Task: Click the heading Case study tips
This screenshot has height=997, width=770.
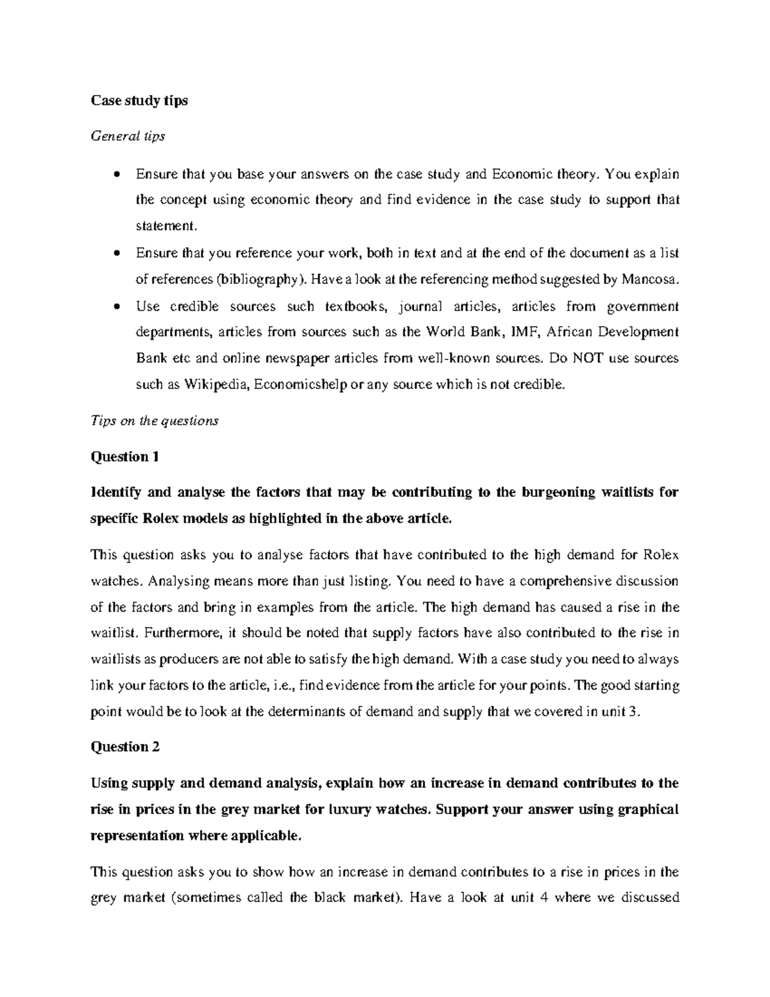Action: pos(139,101)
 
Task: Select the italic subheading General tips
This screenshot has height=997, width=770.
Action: pos(128,136)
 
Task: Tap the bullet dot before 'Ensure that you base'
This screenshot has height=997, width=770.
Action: pos(116,175)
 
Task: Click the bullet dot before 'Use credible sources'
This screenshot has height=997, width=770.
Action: pos(116,307)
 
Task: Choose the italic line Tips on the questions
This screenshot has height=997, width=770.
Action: pos(155,420)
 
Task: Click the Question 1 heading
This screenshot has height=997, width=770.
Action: pos(124,456)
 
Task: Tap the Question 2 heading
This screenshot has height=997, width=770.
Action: pos(125,747)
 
